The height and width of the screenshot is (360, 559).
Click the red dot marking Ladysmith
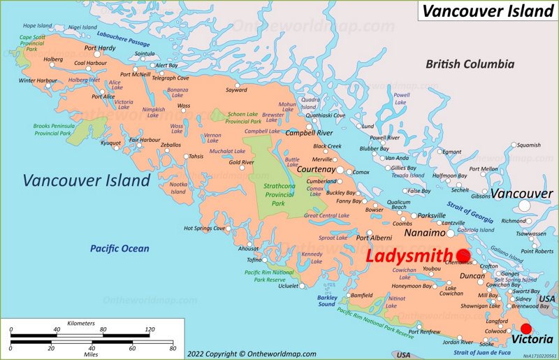click(x=463, y=256)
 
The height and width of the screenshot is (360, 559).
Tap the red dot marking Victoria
click(x=527, y=330)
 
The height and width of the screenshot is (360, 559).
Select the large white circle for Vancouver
click(x=525, y=206)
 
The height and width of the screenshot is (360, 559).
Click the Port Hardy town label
click(x=99, y=48)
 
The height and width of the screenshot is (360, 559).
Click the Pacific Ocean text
click(x=119, y=248)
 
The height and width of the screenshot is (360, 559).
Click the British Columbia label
click(x=470, y=64)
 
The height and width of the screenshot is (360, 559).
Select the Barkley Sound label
click(x=326, y=301)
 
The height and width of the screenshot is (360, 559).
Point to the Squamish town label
click(x=529, y=145)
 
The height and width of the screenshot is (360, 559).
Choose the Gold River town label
click(x=242, y=162)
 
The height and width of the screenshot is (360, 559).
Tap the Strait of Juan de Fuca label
click(x=497, y=352)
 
